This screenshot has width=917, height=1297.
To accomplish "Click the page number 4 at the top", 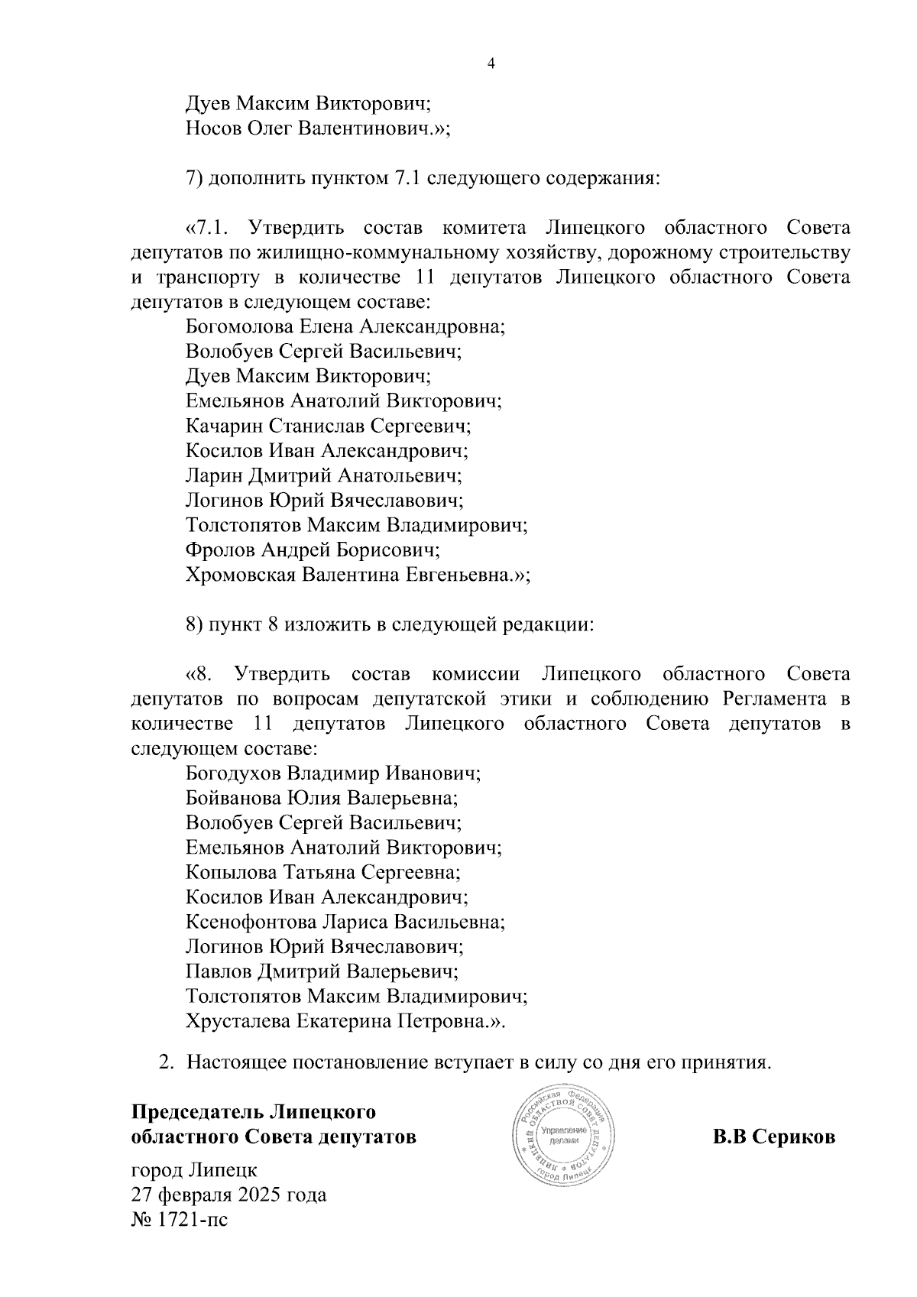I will tap(491, 64).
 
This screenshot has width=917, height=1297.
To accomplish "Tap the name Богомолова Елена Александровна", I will tap(345, 326).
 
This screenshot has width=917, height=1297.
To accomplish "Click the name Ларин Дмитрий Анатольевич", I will tap(324, 475).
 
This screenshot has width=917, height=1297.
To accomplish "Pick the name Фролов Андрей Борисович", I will tap(313, 550).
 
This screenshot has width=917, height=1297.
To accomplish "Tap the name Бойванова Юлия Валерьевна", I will tap(322, 798).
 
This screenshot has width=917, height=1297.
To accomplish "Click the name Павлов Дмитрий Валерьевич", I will tap(322, 971).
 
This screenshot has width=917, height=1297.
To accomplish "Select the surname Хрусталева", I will tap(236, 1021).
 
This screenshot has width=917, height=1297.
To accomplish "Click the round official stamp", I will tap(563, 1133).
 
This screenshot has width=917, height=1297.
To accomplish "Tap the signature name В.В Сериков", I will tap(773, 1136).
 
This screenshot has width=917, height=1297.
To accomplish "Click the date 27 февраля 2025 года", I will tap(229, 1194).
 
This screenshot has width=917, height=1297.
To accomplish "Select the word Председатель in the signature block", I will tap(198, 1111).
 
